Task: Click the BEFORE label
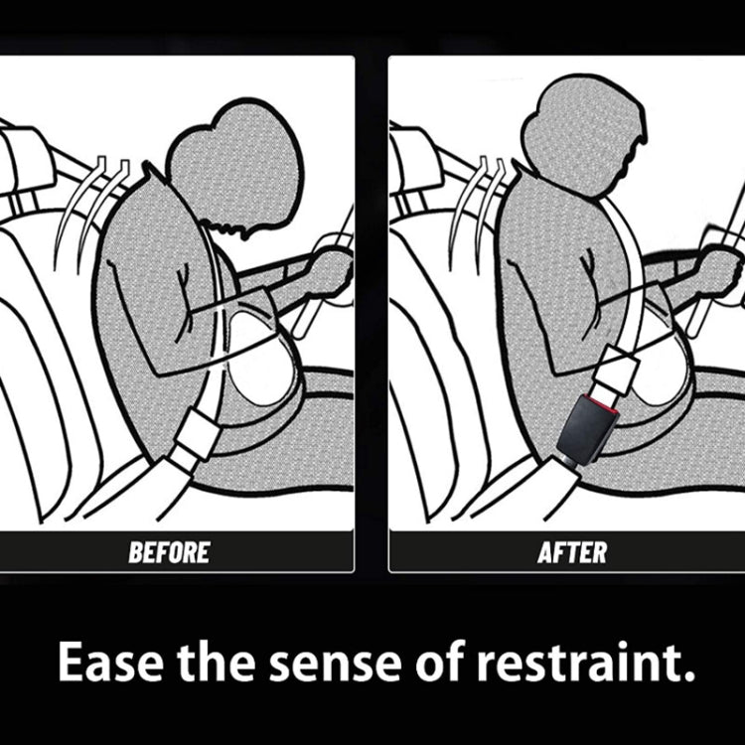[x=169, y=552]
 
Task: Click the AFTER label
[x=571, y=552]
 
